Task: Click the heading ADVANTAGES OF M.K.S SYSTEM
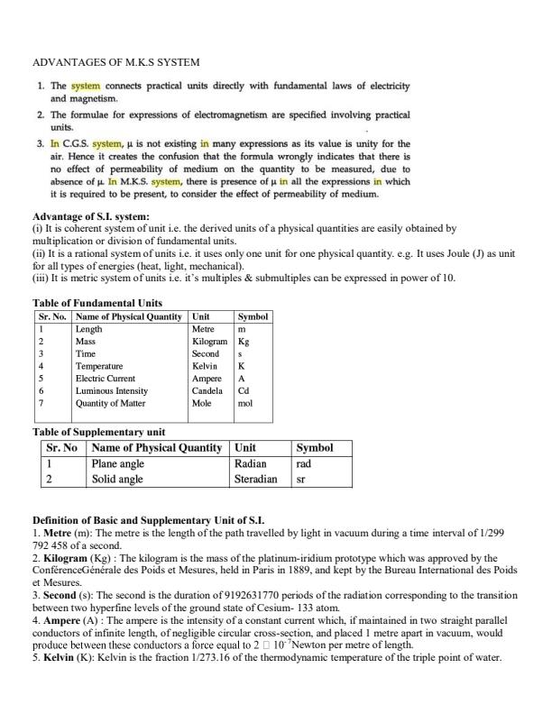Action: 115,62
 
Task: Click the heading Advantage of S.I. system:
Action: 91,217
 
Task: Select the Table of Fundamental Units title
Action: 97,303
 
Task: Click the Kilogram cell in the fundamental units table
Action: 210,343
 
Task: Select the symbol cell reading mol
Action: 245,404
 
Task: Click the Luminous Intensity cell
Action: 112,391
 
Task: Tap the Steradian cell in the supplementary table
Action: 255,480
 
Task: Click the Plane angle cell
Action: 118,463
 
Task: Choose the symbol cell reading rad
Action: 304,463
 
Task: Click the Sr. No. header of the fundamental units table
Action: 52,317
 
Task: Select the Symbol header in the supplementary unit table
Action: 315,448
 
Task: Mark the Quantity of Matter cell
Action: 112,404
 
